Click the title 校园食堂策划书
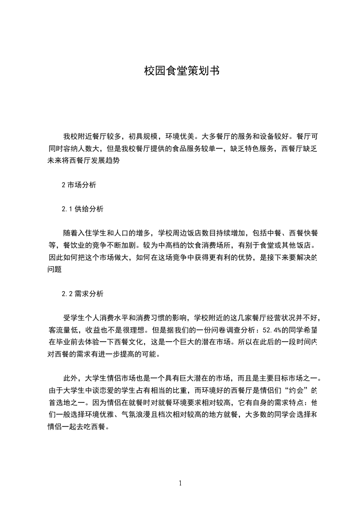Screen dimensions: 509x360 pos(182,71)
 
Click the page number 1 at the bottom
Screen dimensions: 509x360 pos(180,483)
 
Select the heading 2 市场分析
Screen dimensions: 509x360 pos(79,185)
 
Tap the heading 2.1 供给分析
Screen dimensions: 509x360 pos(83,209)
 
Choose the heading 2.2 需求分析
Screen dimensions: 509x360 pos(83,294)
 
